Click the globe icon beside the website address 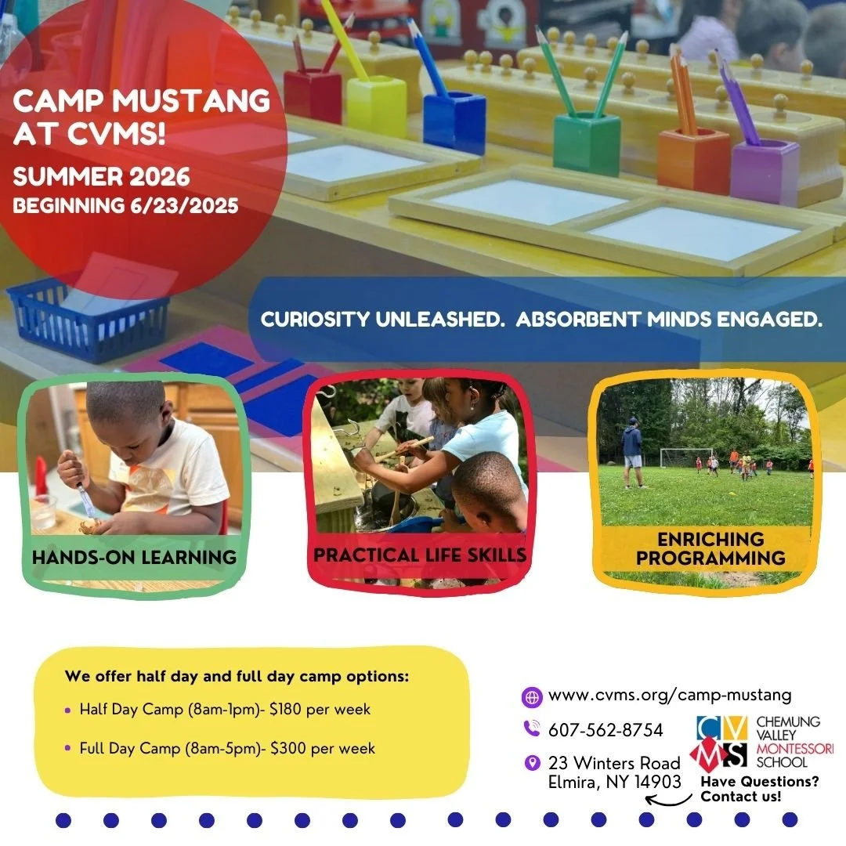coord(532,696)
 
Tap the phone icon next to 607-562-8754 coord(532,729)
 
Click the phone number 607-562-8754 coord(606,730)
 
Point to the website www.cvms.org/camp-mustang coord(670,695)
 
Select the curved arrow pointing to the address coord(668,800)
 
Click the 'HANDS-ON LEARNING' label coord(134,558)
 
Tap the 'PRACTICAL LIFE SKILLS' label coord(419,555)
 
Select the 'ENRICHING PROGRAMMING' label coord(710,548)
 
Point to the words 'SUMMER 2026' coord(101,176)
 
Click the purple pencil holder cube coord(765,172)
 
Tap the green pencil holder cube coord(586,143)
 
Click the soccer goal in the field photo coord(685,457)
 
